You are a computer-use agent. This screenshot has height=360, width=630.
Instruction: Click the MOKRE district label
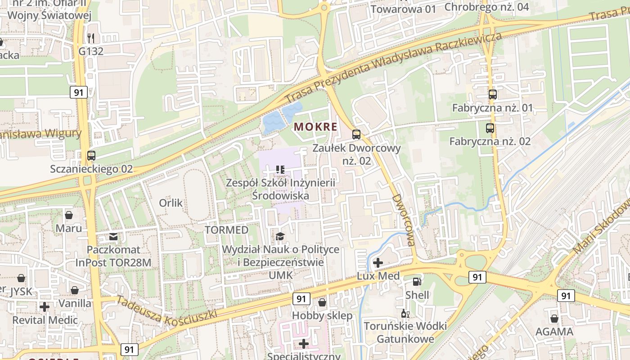(x=315, y=127)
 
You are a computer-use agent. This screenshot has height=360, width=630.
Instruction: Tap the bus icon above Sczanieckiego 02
(x=91, y=156)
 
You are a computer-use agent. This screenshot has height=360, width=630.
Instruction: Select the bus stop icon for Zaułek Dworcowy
(x=356, y=134)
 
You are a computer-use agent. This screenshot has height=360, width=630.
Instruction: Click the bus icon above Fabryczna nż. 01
(x=493, y=94)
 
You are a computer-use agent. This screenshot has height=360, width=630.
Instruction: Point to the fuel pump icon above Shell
(x=417, y=282)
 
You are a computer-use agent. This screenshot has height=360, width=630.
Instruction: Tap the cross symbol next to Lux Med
(x=378, y=262)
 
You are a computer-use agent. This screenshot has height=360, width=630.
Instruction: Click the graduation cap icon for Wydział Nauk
(x=280, y=236)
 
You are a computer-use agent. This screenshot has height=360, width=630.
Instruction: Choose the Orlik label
(x=171, y=203)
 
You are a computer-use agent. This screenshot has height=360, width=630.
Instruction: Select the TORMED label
(x=226, y=230)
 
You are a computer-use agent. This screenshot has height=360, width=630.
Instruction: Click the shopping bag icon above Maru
(x=69, y=215)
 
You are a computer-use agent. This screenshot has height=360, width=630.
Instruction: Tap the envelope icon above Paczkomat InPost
(x=113, y=236)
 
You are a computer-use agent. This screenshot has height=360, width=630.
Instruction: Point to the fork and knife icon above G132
(x=91, y=38)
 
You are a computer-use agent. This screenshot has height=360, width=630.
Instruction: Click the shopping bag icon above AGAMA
(x=554, y=319)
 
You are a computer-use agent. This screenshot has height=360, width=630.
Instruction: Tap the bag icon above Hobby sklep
(x=322, y=302)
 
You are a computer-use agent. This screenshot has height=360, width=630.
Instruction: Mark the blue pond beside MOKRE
(x=273, y=122)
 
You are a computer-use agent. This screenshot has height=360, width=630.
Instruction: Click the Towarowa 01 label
(x=403, y=9)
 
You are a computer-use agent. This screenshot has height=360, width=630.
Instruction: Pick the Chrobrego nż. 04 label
(x=486, y=7)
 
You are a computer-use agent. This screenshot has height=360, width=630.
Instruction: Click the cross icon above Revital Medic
(x=45, y=307)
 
